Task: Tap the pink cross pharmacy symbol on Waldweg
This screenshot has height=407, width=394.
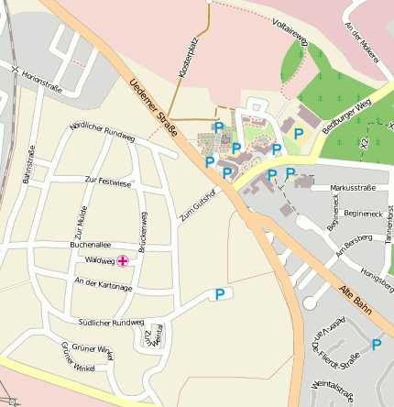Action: tap(123, 260)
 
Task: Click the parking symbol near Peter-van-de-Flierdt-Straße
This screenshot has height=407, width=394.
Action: tap(377, 345)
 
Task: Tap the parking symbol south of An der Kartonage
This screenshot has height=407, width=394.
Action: tap(219, 294)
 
